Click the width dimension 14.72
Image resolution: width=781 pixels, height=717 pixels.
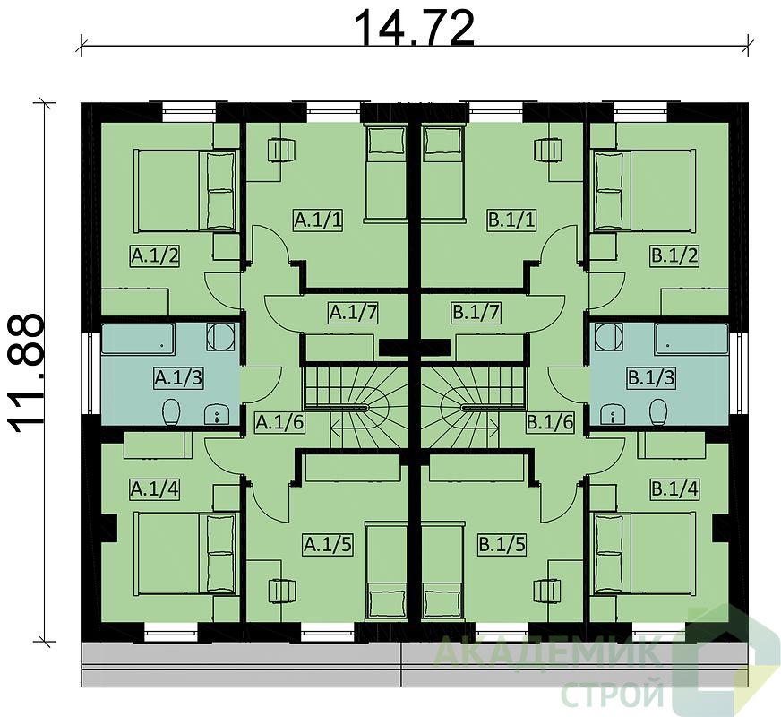tap(415, 28)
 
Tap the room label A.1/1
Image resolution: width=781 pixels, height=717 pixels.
tap(318, 220)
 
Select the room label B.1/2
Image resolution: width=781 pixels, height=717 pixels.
tap(675, 256)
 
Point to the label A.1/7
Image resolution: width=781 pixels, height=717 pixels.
tap(353, 313)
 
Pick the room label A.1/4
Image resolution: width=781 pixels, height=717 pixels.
tap(154, 488)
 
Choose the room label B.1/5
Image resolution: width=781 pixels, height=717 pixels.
tap(502, 545)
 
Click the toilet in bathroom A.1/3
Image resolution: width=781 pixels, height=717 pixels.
tap(171, 411)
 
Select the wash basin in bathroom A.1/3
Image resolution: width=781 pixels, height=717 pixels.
tap(217, 414)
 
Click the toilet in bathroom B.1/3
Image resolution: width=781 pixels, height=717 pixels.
tap(658, 411)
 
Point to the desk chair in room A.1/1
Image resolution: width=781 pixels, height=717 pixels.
tap(281, 150)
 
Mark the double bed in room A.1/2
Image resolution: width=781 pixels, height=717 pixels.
tap(185, 191)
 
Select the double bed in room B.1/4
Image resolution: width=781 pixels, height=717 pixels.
tap(644, 553)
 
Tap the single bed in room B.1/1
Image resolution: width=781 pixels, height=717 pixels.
tap(443, 172)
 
